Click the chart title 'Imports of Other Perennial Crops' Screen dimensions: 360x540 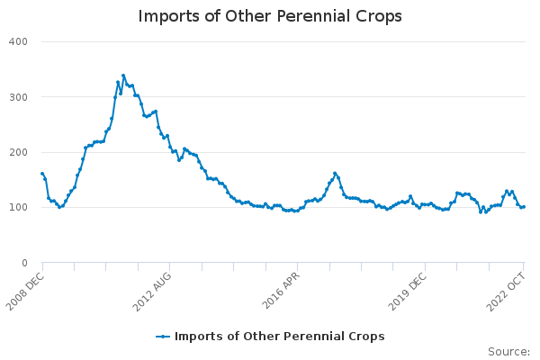[270, 16]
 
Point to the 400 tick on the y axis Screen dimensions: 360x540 [19, 41]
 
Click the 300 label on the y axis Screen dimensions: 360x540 [19, 97]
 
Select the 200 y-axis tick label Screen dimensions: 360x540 [19, 152]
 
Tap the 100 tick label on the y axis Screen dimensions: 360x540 [19, 208]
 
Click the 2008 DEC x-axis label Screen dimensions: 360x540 [25, 291]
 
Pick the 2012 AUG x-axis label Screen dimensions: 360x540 [152, 291]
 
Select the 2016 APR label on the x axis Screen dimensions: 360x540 [280, 291]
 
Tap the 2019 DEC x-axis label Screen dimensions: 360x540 [408, 291]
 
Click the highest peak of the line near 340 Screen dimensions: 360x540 [123, 76]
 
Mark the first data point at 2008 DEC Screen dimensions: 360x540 [42, 174]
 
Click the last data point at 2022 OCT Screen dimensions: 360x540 [524, 206]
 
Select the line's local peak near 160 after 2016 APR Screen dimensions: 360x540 [335, 173]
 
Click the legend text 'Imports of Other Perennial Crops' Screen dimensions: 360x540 [280, 337]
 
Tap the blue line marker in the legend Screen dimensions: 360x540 [163, 337]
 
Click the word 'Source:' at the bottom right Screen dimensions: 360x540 [509, 352]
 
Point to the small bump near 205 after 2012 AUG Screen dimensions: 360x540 [184, 149]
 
